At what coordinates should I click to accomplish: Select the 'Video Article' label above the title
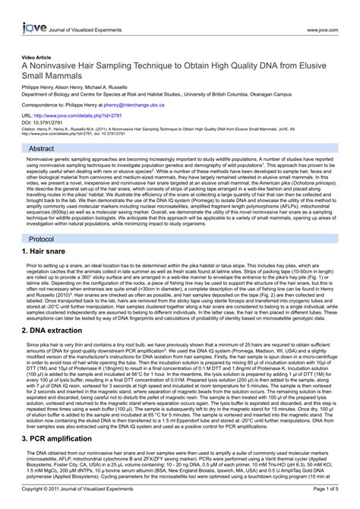(36, 57)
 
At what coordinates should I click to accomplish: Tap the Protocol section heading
(42, 238)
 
